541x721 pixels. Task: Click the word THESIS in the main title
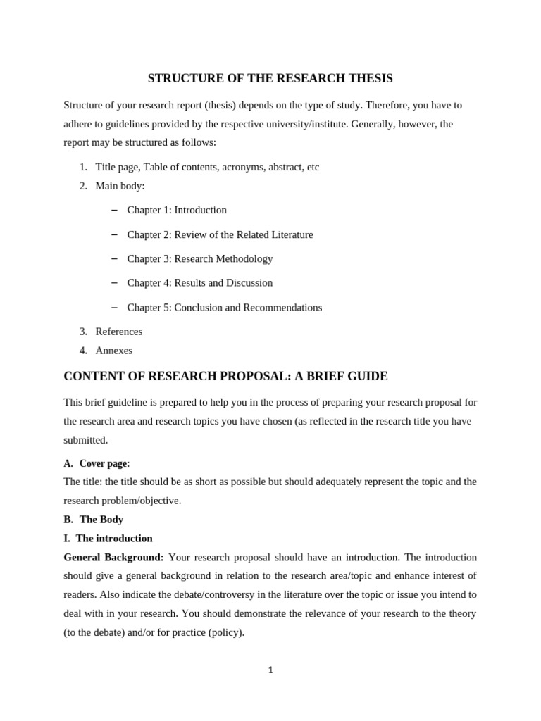[x=371, y=78]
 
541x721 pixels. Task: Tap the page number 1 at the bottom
[x=270, y=670]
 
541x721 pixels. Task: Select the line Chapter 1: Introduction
[x=177, y=210]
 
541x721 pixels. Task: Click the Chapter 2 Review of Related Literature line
[x=220, y=234]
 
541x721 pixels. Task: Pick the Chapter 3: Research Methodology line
[x=199, y=258]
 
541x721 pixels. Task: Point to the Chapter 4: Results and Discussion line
[x=199, y=282]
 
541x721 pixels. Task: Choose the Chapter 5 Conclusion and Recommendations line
[x=224, y=308]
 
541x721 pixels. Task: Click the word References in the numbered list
[x=118, y=332]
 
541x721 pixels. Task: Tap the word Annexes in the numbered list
[x=113, y=351]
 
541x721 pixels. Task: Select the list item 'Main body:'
[x=120, y=186]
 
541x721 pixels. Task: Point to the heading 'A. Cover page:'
[x=97, y=463]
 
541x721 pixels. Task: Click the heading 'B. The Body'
[x=93, y=520]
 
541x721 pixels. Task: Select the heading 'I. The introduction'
[x=108, y=539]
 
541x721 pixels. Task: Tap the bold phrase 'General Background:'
[x=113, y=557]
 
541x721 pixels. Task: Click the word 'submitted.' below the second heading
[x=86, y=440]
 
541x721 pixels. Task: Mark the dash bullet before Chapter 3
[x=114, y=258]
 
